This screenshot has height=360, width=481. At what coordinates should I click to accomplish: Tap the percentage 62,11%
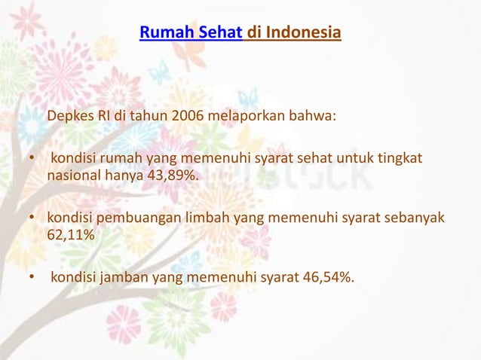click(x=72, y=235)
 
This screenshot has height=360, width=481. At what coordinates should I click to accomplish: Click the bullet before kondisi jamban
click(x=32, y=279)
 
